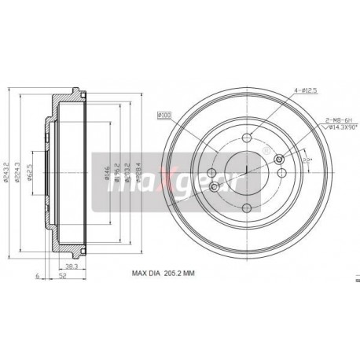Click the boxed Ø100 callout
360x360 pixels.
(164, 117)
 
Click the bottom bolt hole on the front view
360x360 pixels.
(247, 208)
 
